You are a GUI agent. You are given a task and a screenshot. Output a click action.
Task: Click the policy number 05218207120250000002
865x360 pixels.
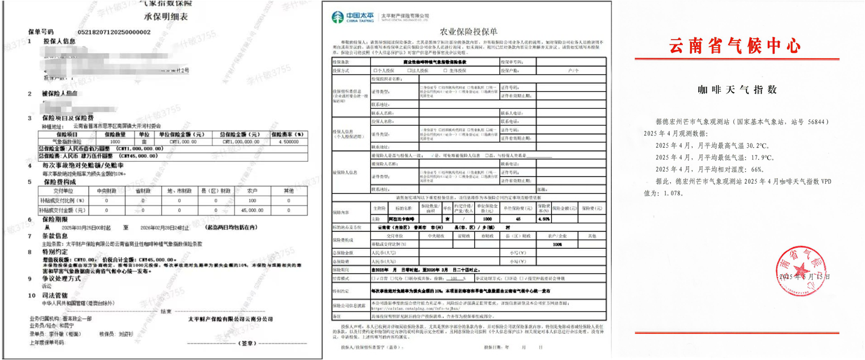114,32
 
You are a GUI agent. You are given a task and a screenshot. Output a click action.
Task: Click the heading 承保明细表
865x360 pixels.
166,17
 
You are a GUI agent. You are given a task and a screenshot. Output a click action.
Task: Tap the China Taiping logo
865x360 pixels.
353,17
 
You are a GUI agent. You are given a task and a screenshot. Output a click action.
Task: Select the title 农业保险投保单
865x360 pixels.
468,32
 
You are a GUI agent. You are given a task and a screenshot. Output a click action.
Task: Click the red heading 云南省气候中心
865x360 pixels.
735,46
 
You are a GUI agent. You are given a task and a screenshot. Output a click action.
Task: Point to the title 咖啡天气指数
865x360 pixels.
737,90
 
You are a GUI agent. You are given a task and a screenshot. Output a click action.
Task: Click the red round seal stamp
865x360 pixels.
801,271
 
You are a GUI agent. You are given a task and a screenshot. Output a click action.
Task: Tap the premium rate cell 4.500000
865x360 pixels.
288,142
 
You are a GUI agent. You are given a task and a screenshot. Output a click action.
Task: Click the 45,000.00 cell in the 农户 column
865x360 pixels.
252,210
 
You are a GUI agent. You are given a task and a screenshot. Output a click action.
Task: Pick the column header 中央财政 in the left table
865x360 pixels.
107,191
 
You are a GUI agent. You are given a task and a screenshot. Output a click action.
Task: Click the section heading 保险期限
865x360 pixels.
55,219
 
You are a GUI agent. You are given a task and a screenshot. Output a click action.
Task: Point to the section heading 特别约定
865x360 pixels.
55,252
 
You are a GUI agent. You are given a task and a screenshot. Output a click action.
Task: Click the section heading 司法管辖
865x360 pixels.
55,295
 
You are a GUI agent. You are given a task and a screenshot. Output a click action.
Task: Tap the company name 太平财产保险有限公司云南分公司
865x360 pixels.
230,319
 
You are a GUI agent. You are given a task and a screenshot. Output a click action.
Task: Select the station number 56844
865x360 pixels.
816,122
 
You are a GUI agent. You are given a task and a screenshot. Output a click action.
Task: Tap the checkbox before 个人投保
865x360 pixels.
375,71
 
